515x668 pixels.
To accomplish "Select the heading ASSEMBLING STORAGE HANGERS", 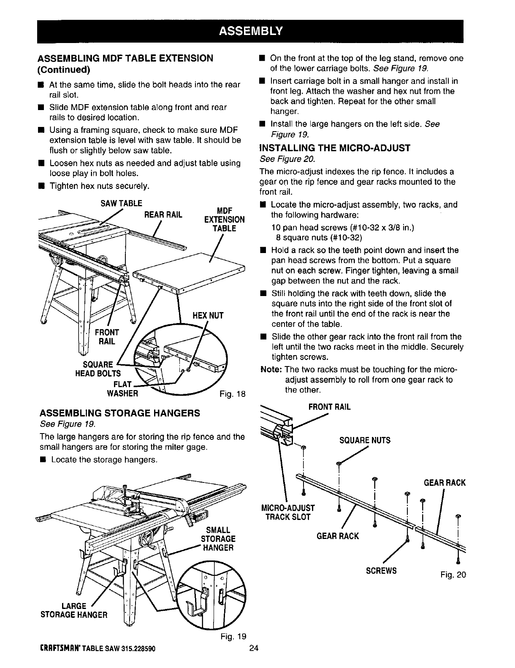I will click(x=119, y=413).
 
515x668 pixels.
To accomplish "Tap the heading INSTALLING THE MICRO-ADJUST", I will click(x=335, y=148).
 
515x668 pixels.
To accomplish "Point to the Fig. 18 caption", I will click(x=232, y=394).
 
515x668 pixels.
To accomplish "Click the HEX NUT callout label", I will click(x=208, y=315).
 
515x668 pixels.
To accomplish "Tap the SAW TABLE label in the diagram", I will click(x=121, y=204).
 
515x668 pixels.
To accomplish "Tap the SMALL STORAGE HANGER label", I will click(x=218, y=539).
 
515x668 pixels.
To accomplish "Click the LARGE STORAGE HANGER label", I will click(x=74, y=610).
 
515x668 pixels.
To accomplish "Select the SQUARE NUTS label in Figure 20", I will click(x=365, y=440).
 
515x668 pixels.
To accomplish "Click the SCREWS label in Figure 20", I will click(x=381, y=571).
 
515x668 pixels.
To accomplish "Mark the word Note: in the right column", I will click(x=271, y=369).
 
